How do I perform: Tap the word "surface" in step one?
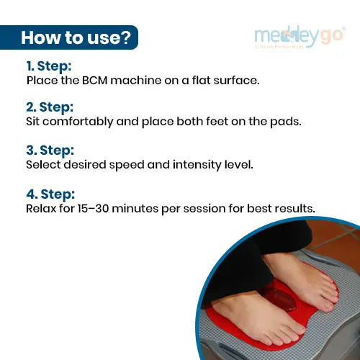237,80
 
